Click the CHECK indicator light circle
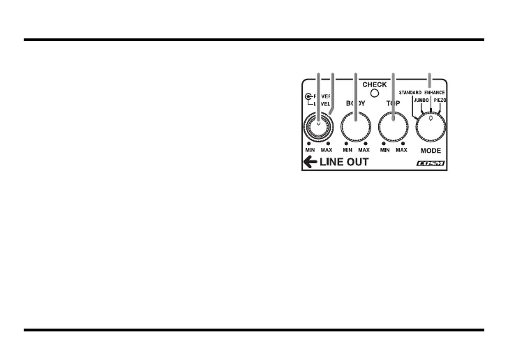pyautogui.click(x=375, y=93)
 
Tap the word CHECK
pyautogui.click(x=375, y=84)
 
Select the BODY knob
pyautogui.click(x=355, y=128)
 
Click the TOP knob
pyautogui.click(x=393, y=128)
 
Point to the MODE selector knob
pyautogui.click(x=431, y=127)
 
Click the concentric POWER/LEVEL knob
pyautogui.click(x=318, y=128)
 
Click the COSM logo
pyautogui.click(x=430, y=165)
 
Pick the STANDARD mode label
pyautogui.click(x=411, y=92)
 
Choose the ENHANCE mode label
pyautogui.click(x=438, y=92)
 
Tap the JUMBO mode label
pyautogui.click(x=421, y=100)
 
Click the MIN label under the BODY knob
pyautogui.click(x=347, y=150)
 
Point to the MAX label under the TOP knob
pyautogui.click(x=401, y=150)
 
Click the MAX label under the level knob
pyautogui.click(x=327, y=150)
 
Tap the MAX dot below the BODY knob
pyautogui.click(x=366, y=143)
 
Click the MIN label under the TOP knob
pyautogui.click(x=384, y=150)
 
